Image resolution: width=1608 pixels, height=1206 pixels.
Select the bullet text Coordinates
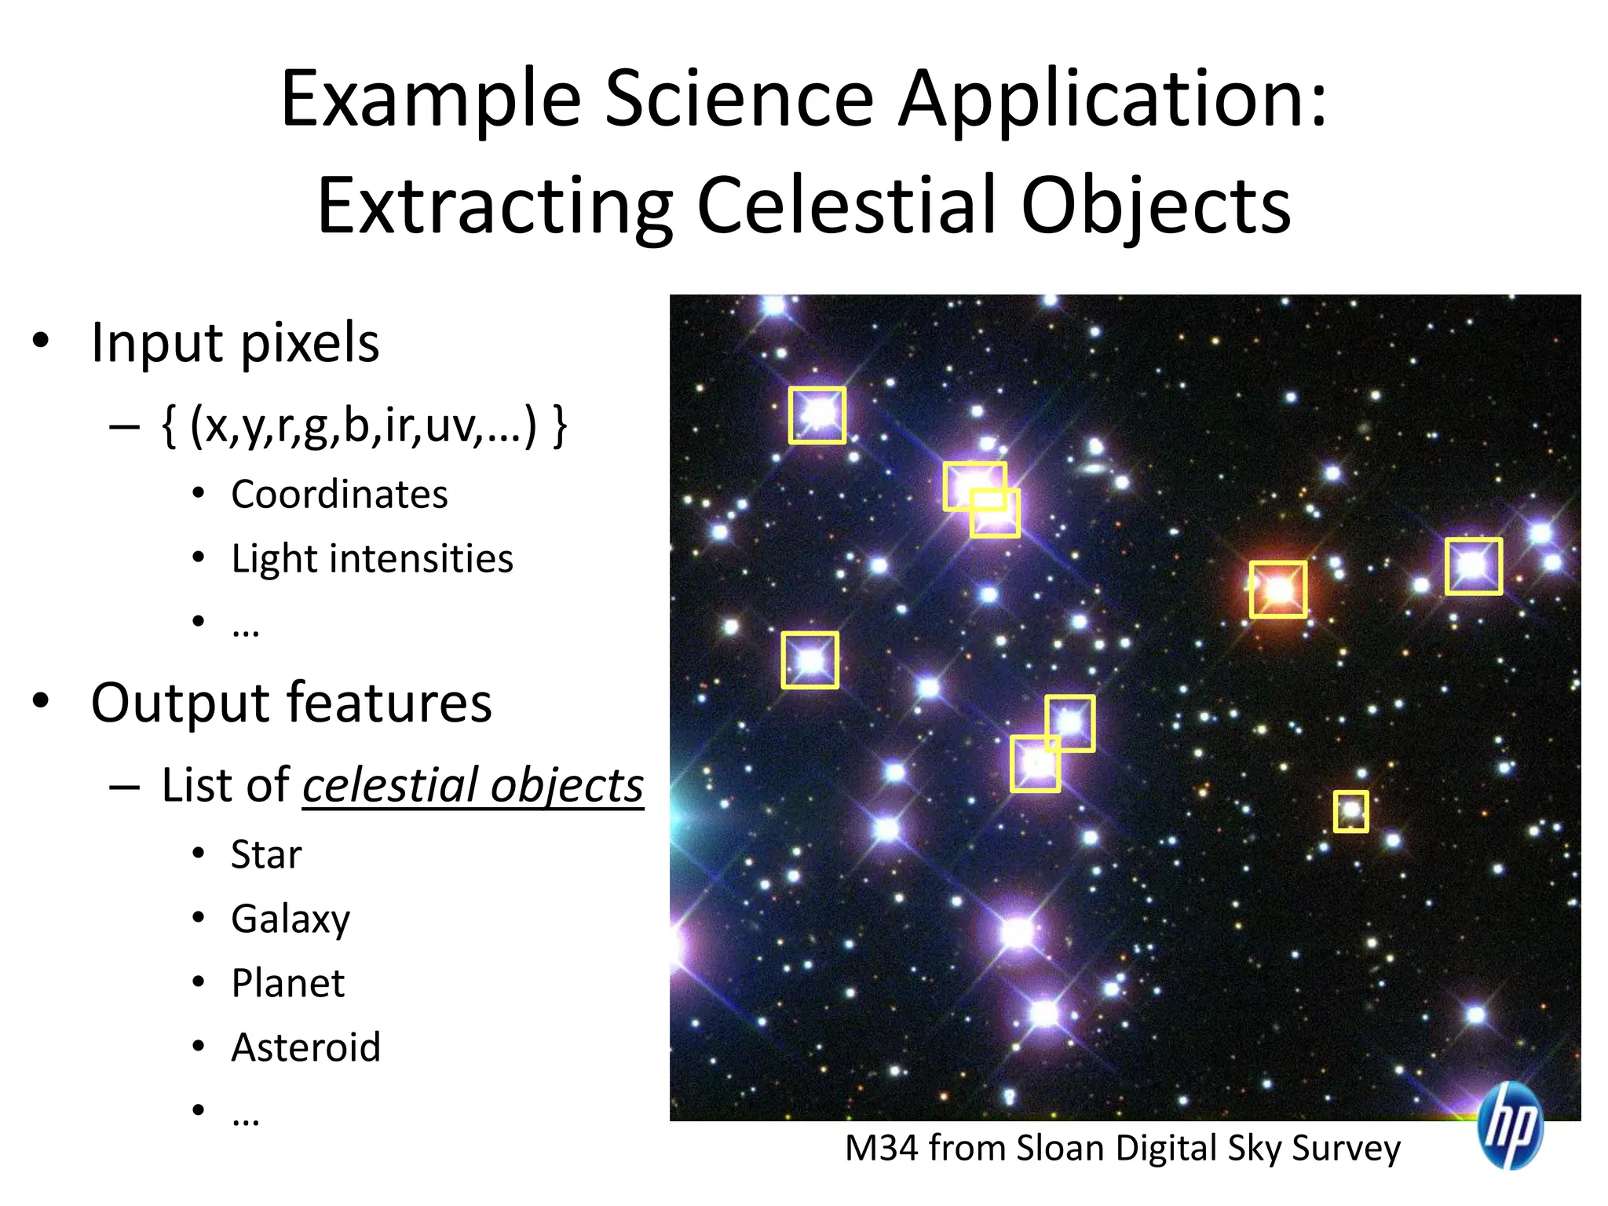coord(339,495)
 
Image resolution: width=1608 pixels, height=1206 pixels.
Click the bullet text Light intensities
coord(372,559)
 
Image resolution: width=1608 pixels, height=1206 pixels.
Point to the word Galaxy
coord(291,919)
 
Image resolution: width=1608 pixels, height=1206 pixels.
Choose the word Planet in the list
coord(288,983)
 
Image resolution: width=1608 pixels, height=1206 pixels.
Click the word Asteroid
coord(306,1047)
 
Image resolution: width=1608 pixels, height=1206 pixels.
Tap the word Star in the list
coord(266,854)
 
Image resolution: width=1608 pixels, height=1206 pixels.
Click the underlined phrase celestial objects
coord(473,785)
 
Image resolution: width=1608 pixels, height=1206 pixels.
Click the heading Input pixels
coord(235,343)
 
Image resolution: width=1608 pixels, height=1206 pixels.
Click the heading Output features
coord(291,703)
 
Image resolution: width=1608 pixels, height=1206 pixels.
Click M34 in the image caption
coord(881,1149)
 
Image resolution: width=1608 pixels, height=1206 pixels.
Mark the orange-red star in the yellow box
coord(1277,590)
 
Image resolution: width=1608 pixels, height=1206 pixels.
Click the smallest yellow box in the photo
coord(1350,811)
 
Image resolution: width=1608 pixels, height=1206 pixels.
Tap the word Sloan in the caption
coord(1059,1149)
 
